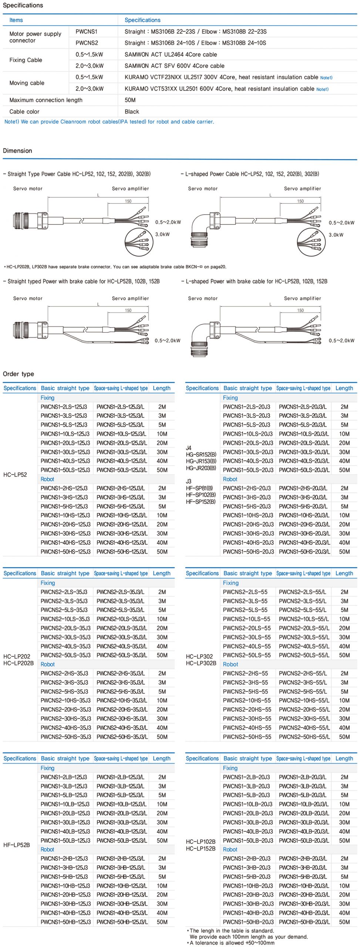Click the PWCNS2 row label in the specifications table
click(x=87, y=43)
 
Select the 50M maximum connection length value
click(x=130, y=100)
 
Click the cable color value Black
click(x=132, y=111)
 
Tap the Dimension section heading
click(x=17, y=151)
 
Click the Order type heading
click(x=18, y=374)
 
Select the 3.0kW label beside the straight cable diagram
click(x=162, y=234)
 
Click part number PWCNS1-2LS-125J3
click(x=64, y=407)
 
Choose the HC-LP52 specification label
click(x=15, y=475)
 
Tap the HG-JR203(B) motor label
click(x=201, y=468)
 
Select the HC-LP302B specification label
click(x=201, y=663)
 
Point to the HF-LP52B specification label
click(x=17, y=845)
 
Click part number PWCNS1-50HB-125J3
click(x=65, y=922)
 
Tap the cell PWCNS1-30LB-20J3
click(x=248, y=822)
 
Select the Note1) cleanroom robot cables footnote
click(x=109, y=122)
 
